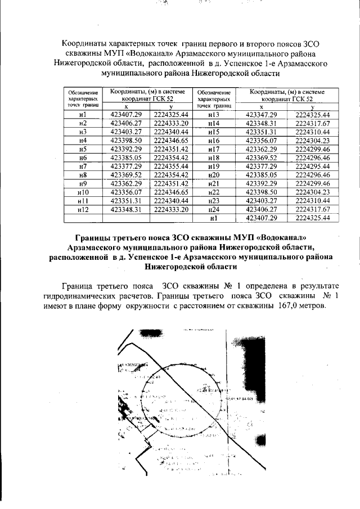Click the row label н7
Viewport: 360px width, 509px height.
83,167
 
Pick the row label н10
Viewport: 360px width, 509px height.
83,192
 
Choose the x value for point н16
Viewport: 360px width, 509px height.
260,141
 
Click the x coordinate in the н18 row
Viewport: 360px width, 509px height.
260,158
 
